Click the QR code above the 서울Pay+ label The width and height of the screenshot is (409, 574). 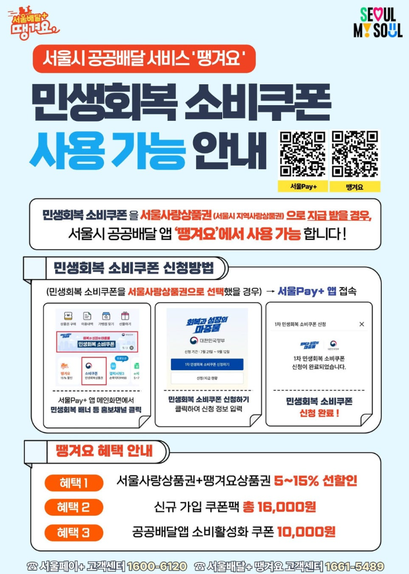302,154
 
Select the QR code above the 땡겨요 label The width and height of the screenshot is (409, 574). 354,154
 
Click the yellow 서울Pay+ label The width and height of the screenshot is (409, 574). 302,186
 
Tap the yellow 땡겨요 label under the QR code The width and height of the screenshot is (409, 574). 354,186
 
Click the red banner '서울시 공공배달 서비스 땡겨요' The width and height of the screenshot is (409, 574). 144,59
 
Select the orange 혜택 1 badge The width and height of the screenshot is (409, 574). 74,483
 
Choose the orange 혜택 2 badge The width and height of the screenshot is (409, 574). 74,507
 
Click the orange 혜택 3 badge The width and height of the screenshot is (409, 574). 74,532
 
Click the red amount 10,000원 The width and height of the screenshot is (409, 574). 306,532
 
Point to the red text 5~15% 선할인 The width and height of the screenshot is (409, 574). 316,481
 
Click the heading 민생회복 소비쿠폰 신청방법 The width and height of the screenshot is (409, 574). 133,268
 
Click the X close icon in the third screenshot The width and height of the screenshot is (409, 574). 361,324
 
